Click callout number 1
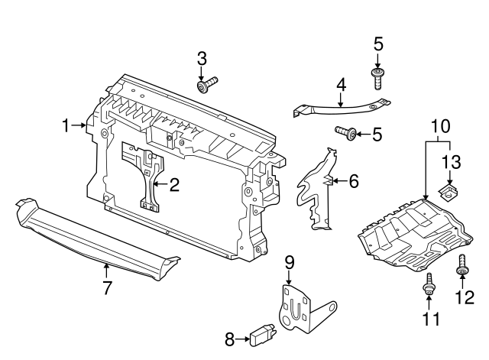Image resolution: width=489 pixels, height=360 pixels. [67, 125]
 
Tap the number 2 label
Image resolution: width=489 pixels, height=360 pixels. [174, 183]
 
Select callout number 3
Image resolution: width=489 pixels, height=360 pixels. [202, 58]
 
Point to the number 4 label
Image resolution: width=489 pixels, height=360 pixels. [341, 85]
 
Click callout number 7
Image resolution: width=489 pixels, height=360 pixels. [107, 288]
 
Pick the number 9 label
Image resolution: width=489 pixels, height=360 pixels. [290, 262]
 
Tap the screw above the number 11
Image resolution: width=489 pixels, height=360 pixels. [429, 285]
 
